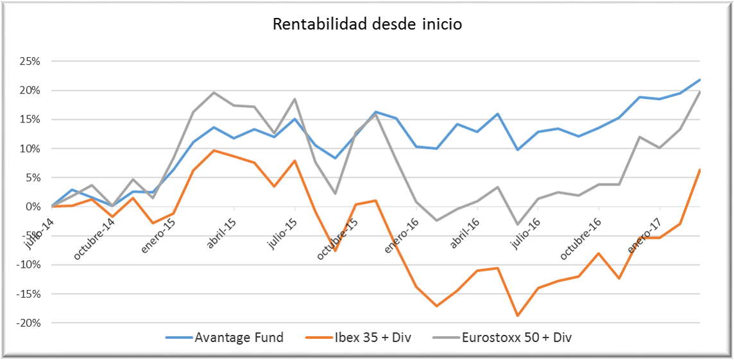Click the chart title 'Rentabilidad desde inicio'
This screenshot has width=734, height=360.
click(x=367, y=24)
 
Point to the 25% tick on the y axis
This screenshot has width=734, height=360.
click(x=30, y=62)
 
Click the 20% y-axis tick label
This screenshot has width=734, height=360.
click(x=30, y=90)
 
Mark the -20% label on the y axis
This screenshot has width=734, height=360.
click(x=28, y=323)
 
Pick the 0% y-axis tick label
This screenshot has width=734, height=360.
click(x=33, y=207)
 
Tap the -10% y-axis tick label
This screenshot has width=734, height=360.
click(x=28, y=265)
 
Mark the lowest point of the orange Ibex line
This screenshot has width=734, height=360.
click(x=517, y=316)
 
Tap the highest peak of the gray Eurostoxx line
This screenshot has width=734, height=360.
click(x=214, y=92)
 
